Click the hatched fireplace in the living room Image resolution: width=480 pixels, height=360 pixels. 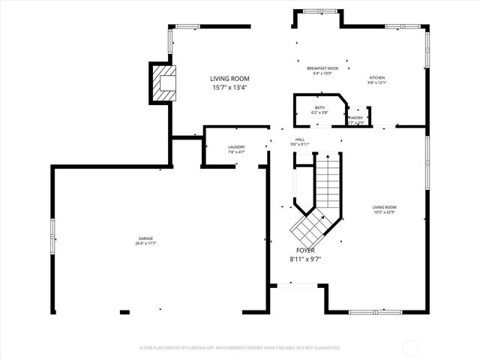point(163,83)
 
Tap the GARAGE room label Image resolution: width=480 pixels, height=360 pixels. point(145,238)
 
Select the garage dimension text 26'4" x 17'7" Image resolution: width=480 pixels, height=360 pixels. point(145,244)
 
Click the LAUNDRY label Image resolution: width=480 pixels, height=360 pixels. point(237,147)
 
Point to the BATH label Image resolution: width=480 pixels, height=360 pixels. point(319,108)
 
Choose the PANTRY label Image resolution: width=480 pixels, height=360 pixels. point(355,118)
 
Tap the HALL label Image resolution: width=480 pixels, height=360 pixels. point(299,139)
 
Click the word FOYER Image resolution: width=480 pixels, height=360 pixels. point(305,250)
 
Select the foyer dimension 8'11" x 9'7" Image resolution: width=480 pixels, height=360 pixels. point(305,259)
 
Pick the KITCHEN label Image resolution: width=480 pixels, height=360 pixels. point(376,78)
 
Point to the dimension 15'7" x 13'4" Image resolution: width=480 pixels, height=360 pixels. point(229,87)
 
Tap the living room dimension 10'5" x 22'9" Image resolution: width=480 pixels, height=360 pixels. point(385,212)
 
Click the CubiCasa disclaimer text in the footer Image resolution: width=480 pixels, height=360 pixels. point(240,348)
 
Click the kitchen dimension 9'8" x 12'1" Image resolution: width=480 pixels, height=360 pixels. point(376,83)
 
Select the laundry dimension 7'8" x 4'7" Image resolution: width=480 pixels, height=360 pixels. point(237,152)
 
